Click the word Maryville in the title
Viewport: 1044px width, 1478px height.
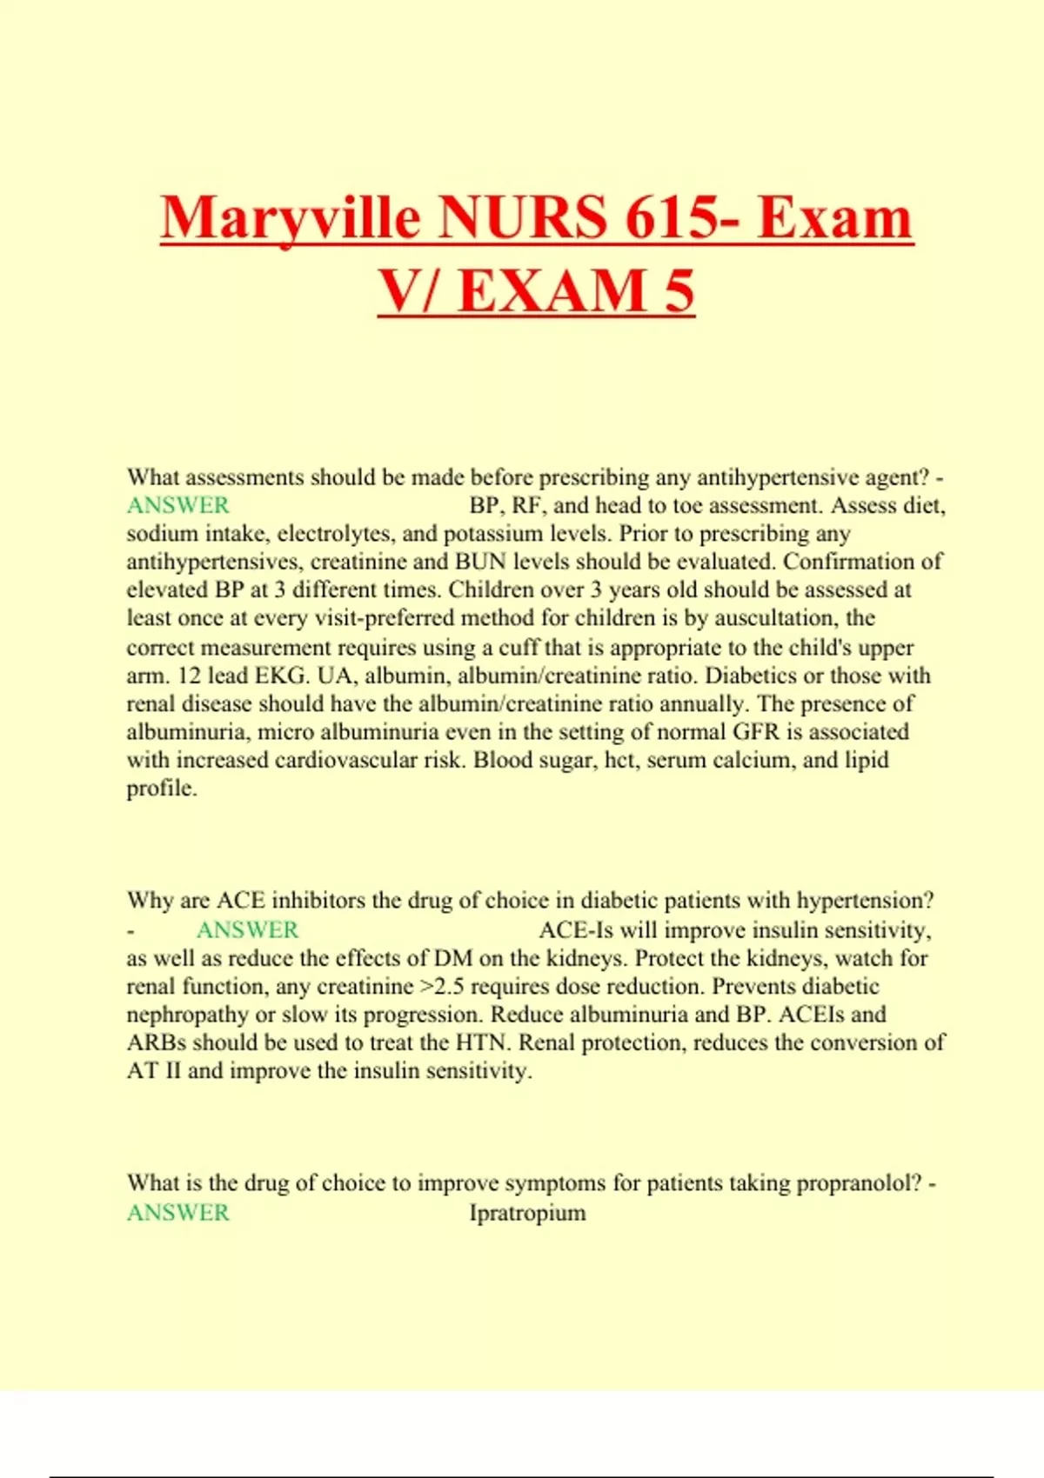[291, 218]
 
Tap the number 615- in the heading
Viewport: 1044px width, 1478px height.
[682, 218]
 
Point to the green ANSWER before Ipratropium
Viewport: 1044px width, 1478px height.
[178, 1213]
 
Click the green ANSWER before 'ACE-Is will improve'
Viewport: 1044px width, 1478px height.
[247, 930]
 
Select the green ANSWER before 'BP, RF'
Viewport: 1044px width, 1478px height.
[178, 505]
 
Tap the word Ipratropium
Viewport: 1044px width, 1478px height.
[527, 1213]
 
